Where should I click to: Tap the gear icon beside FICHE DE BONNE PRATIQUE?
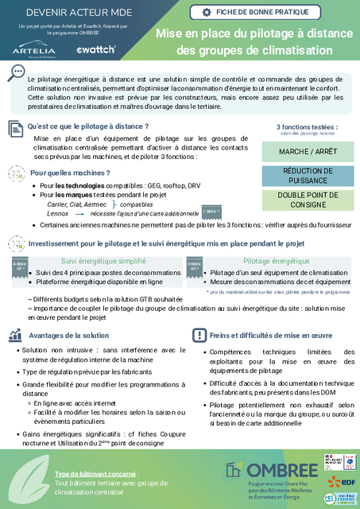pos(207,12)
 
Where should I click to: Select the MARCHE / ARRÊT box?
pos(306,152)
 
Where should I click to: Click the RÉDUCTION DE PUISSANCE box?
pos(306,175)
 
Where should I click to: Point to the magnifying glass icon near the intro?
pos(14,72)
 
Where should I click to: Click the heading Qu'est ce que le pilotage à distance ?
pos(87,126)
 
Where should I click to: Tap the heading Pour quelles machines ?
pos(69,173)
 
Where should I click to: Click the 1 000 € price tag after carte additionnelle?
pos(211,211)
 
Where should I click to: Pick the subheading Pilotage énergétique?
pos(277,261)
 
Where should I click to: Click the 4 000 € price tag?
pos(20,266)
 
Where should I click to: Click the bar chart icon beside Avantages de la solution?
pos(15,335)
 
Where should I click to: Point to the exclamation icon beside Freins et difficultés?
pos(199,336)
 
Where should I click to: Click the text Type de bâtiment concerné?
pos(88,474)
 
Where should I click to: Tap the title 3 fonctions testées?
pos(306,126)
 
